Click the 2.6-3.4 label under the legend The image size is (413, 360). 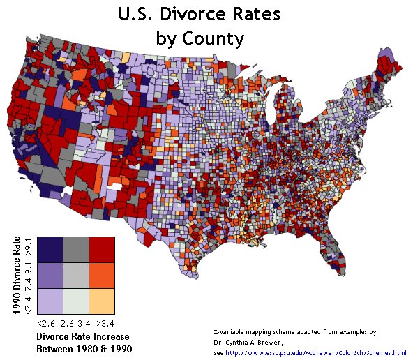tap(75, 324)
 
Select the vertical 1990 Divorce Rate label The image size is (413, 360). tap(16, 276)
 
